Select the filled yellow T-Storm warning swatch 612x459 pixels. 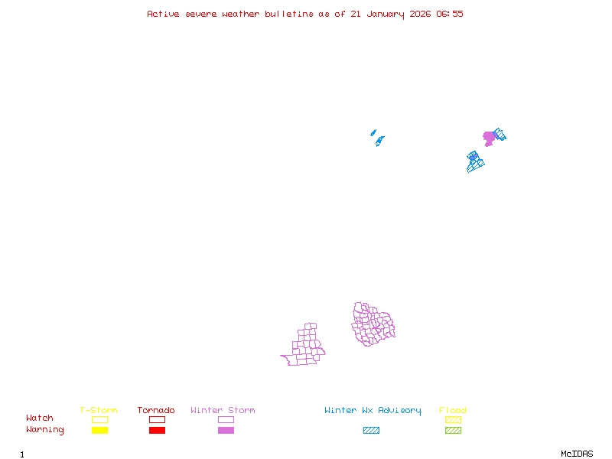(x=99, y=431)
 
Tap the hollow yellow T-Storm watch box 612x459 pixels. (x=99, y=419)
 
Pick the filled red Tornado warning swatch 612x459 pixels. (x=157, y=431)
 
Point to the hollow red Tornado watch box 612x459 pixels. (x=157, y=419)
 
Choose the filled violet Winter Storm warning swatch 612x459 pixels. (x=226, y=431)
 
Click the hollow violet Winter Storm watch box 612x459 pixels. (x=226, y=419)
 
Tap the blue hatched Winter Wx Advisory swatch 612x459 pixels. (x=371, y=431)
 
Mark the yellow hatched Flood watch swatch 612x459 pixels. (x=453, y=419)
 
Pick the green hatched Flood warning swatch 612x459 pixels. (x=453, y=431)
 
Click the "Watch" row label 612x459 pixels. (x=40, y=418)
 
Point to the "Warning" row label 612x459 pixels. (x=45, y=430)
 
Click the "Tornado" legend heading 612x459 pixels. (x=156, y=411)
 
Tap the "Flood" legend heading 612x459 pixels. (x=453, y=411)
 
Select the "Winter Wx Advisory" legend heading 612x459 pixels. (x=373, y=411)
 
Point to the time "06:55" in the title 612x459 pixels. (x=450, y=14)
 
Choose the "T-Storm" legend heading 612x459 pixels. (x=99, y=411)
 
